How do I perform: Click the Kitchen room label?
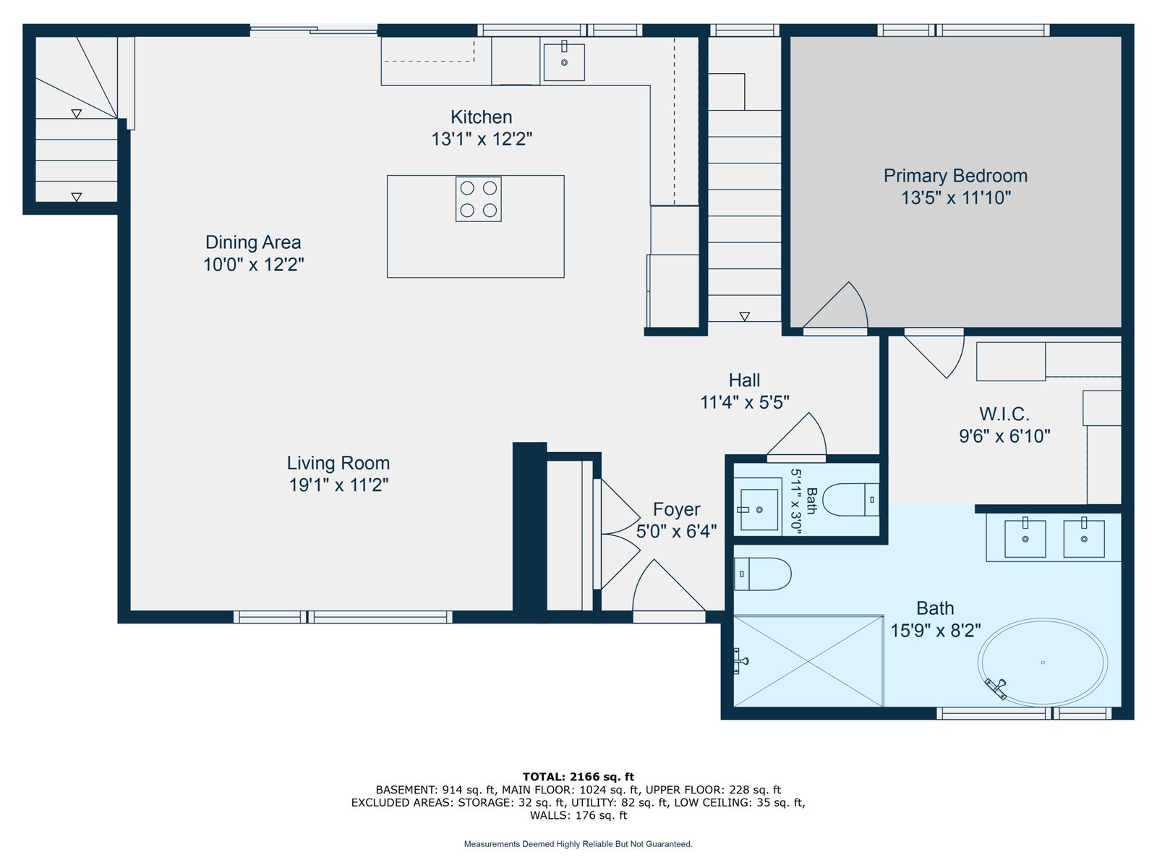(x=481, y=116)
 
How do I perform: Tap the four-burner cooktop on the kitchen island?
(x=478, y=199)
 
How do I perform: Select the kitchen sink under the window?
(x=564, y=62)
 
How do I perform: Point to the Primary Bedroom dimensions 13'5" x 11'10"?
(x=955, y=197)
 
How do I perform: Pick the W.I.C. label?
(x=1004, y=414)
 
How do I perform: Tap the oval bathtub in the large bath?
(x=1042, y=662)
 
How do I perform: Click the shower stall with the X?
(x=808, y=660)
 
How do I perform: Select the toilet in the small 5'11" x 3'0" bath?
(x=850, y=499)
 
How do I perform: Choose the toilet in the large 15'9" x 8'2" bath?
(x=762, y=574)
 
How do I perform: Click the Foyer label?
(x=676, y=509)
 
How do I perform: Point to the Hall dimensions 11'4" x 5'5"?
(x=744, y=402)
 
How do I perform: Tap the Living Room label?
(x=338, y=463)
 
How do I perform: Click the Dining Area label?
(x=253, y=242)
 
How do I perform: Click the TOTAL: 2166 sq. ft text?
(x=578, y=776)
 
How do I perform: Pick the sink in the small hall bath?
(x=759, y=509)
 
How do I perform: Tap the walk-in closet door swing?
(x=934, y=353)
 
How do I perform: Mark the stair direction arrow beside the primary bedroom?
(x=744, y=316)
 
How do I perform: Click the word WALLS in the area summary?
(x=548, y=815)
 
